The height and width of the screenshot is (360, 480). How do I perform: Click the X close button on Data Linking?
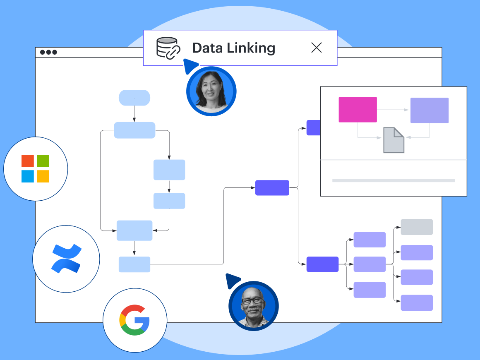[x=317, y=48]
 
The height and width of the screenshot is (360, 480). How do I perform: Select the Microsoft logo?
[x=36, y=169]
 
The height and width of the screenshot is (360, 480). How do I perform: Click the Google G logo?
[x=134, y=320]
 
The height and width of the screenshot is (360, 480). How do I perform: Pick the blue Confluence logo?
[x=66, y=259]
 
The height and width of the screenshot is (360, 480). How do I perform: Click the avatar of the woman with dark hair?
[x=211, y=91]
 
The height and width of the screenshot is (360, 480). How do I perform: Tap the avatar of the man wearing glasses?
[x=253, y=306]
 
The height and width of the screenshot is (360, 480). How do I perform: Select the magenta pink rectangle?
[x=358, y=110]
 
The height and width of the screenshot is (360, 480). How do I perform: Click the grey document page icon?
[x=394, y=140]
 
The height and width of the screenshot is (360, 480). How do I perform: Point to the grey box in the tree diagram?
[x=417, y=227]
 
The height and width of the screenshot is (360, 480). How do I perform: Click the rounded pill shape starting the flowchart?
[x=134, y=98]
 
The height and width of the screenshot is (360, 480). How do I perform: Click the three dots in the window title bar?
[x=48, y=53]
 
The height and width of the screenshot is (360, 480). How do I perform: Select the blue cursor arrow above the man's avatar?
[x=233, y=281]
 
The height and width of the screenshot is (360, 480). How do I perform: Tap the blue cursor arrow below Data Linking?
[x=190, y=66]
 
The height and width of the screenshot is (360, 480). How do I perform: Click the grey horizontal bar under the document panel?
[x=394, y=180]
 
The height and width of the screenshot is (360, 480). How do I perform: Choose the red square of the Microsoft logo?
[x=28, y=161]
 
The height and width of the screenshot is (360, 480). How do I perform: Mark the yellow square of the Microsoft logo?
[x=43, y=176]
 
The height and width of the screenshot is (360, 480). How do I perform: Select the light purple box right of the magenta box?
[x=430, y=110]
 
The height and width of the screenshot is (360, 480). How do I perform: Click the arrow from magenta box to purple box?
[x=393, y=110]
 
